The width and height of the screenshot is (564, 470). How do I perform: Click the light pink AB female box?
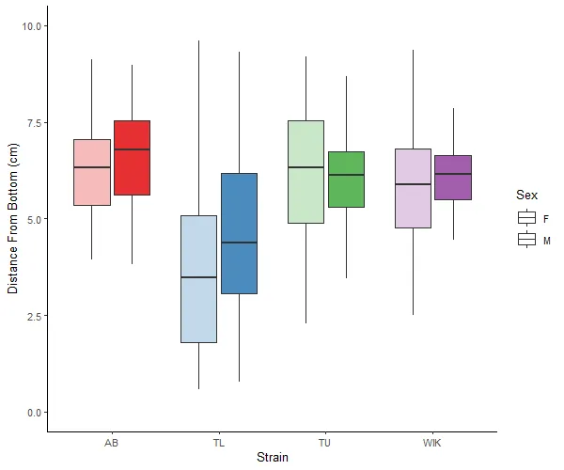[92, 172]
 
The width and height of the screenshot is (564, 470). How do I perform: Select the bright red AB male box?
[132, 158]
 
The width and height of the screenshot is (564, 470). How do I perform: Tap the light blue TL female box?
[198, 279]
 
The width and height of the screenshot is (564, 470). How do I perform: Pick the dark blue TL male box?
[239, 233]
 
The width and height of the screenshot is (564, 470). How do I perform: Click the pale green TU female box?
[305, 172]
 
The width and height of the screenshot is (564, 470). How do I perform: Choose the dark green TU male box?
[346, 180]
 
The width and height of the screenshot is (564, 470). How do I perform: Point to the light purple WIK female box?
[413, 188]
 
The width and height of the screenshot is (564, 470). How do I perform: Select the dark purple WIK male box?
[453, 178]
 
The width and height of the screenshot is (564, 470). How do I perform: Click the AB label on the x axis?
[112, 442]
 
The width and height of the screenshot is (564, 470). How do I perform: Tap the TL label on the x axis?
[219, 442]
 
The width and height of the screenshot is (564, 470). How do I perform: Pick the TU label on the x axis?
[325, 442]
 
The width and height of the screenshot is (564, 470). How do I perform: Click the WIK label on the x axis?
[432, 442]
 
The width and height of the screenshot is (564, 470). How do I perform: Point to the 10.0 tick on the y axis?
[33, 26]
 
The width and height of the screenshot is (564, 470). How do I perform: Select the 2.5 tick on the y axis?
[35, 316]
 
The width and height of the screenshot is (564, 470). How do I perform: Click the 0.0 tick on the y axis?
[35, 413]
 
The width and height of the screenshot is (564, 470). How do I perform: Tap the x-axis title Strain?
[273, 458]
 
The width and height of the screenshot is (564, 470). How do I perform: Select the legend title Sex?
[526, 196]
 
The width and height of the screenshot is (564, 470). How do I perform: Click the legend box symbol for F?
[527, 218]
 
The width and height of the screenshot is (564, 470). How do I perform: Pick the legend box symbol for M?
[527, 240]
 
